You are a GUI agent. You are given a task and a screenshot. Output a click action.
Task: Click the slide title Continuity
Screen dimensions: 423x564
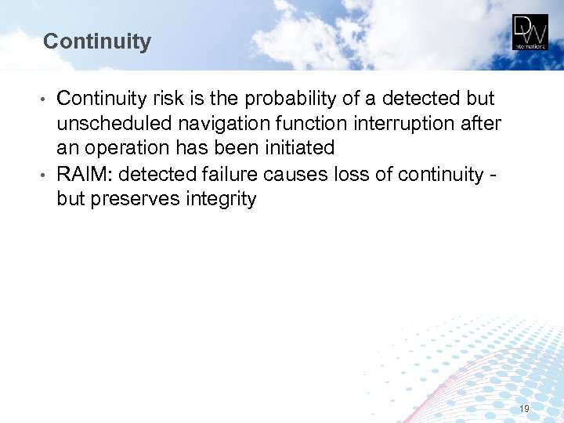coord(97,42)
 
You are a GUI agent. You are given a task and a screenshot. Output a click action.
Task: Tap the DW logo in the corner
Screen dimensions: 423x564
coord(530,32)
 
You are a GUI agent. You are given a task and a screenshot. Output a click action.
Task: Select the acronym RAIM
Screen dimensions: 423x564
coord(84,174)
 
